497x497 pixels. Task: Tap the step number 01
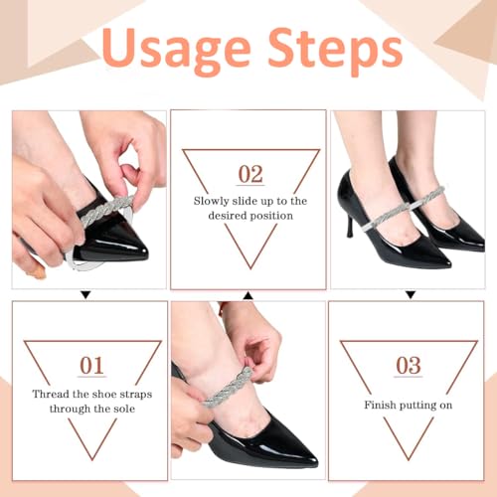pyautogui.click(x=91, y=366)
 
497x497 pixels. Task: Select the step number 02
pyautogui.click(x=250, y=174)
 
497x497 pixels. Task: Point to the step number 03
pyautogui.click(x=409, y=366)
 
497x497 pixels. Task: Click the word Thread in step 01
pyautogui.click(x=51, y=394)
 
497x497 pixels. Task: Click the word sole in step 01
pyautogui.click(x=124, y=409)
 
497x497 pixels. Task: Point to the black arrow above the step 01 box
pyautogui.click(x=85, y=295)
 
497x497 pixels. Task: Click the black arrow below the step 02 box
pyautogui.click(x=248, y=296)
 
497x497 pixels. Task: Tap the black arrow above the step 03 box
pyautogui.click(x=411, y=295)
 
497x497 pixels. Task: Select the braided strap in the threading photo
pyautogui.click(x=106, y=209)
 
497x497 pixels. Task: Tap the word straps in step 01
pyautogui.click(x=135, y=395)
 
